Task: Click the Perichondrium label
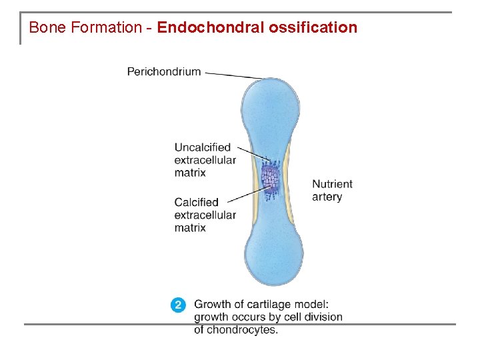(164, 71)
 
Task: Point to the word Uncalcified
(203, 147)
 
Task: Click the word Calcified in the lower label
(197, 202)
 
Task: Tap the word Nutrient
(332, 184)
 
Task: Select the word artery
(327, 197)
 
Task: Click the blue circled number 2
(178, 305)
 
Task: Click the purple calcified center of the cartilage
(270, 177)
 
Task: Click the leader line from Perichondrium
(233, 75)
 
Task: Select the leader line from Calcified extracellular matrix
(247, 194)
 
